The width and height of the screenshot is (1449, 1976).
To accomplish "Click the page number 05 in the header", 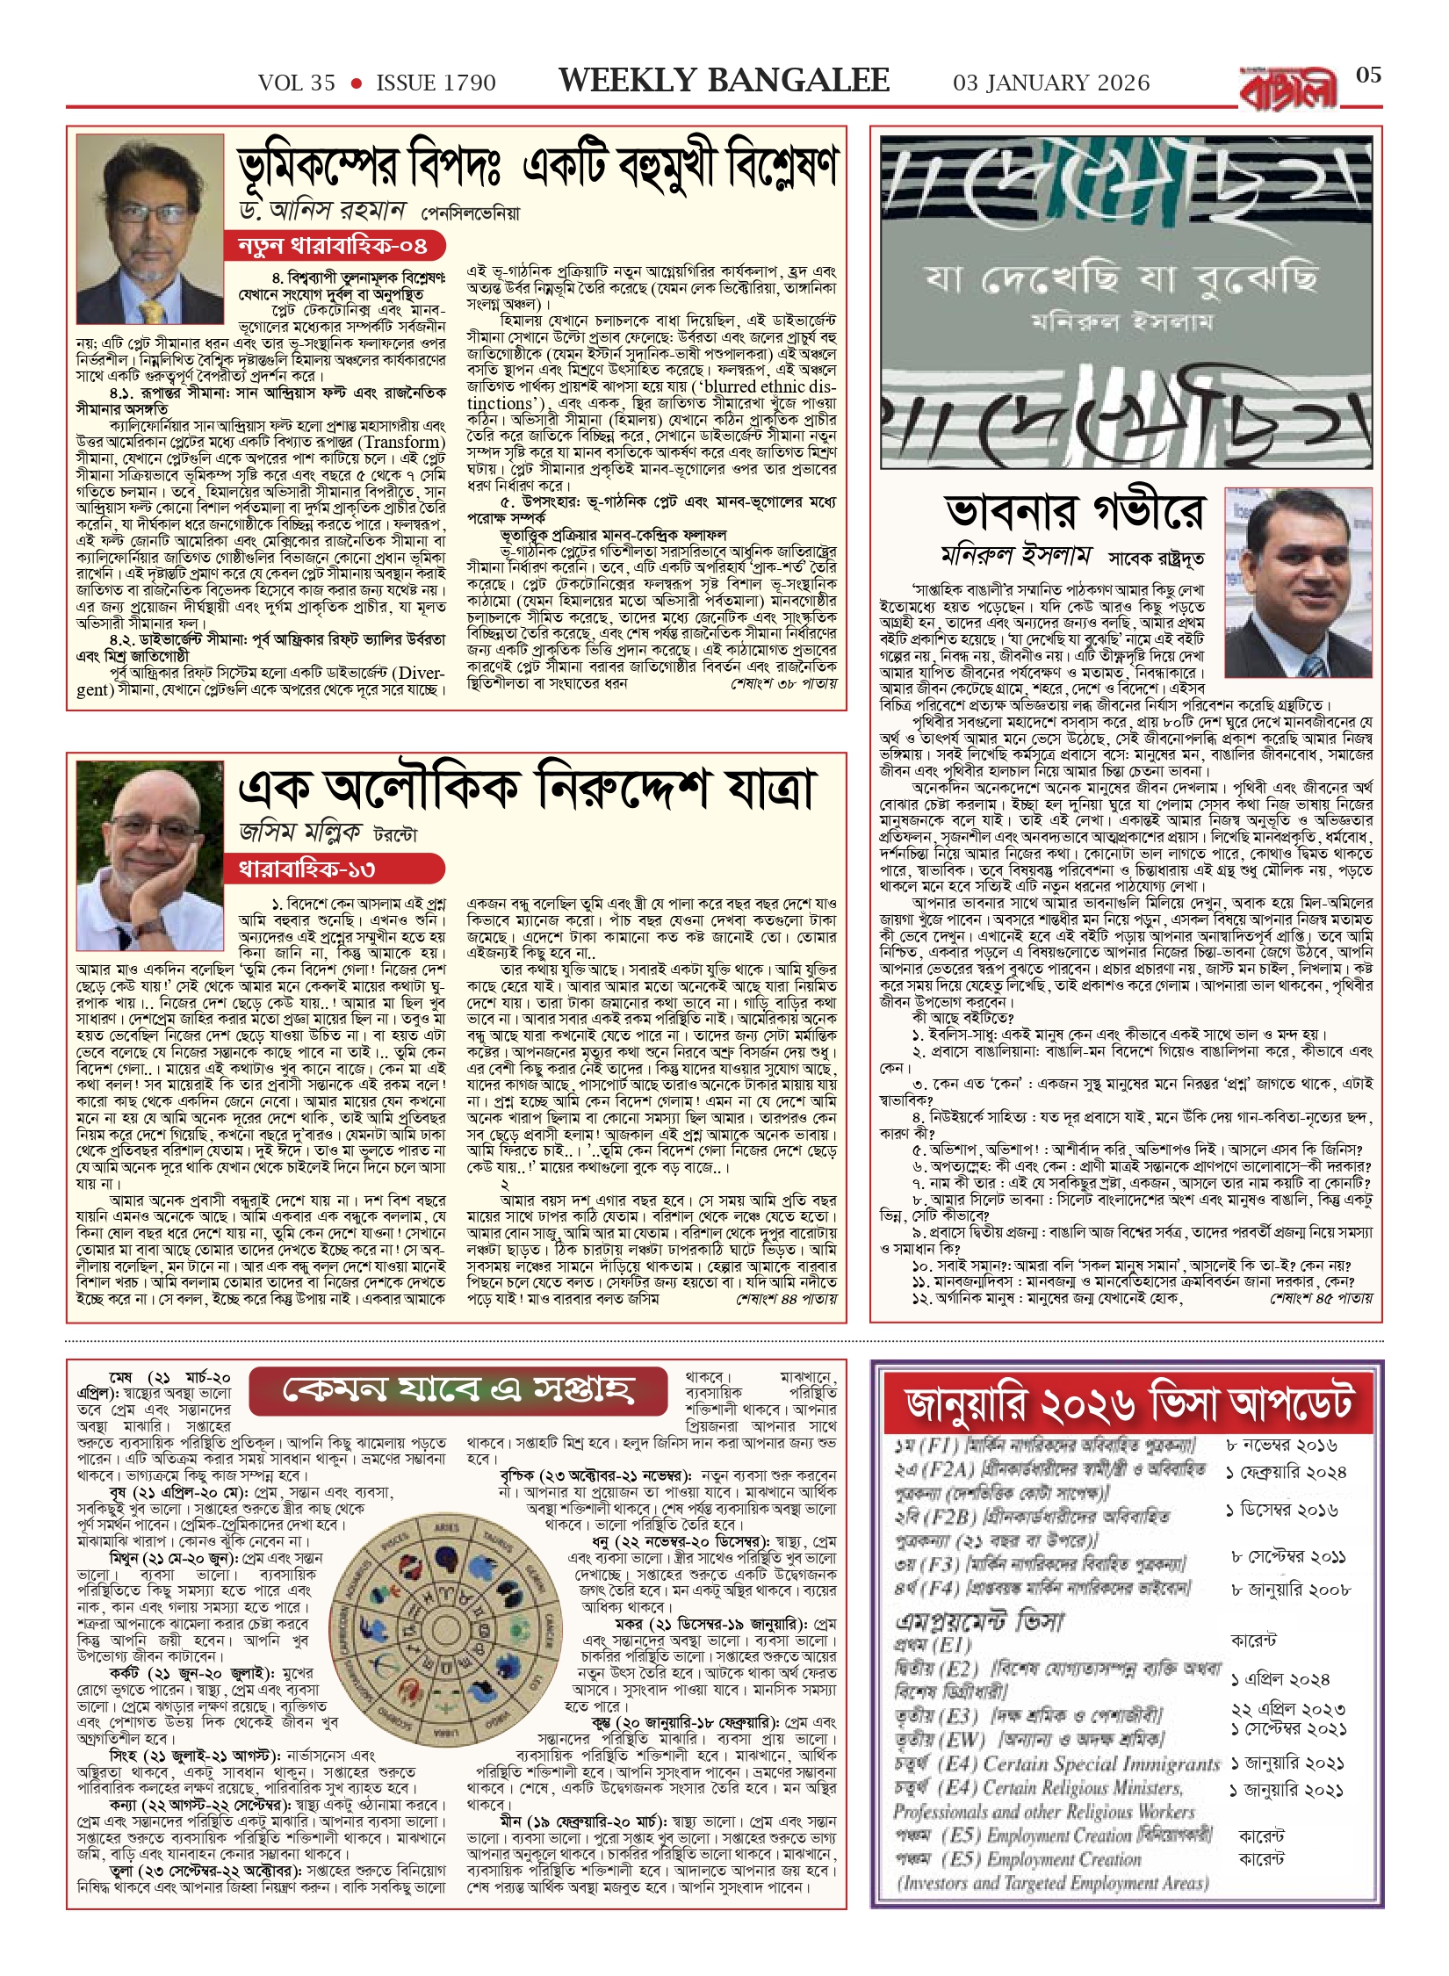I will [1368, 76].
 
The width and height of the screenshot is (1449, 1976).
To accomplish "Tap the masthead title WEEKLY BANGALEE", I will [724, 81].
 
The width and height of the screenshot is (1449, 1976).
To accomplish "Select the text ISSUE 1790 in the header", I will [436, 83].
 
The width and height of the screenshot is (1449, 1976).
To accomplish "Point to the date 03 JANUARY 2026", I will [1051, 83].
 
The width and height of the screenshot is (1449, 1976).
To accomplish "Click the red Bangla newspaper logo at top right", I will [1288, 90].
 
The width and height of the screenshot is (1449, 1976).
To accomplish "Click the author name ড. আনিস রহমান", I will [322, 211].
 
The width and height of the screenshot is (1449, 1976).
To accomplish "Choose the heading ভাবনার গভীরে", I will [1075, 512].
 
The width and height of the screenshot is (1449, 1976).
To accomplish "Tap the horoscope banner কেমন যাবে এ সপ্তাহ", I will [458, 1389].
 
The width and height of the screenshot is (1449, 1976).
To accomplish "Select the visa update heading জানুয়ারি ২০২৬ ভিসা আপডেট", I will [1128, 1403].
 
